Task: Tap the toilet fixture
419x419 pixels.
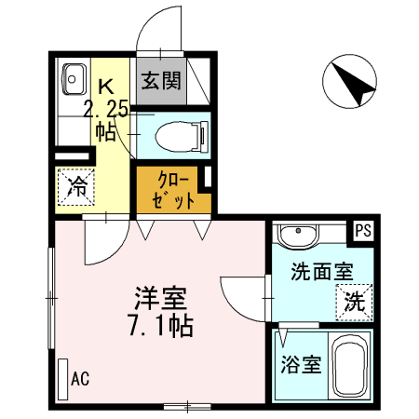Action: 177,136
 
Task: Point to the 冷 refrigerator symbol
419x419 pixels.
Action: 76,185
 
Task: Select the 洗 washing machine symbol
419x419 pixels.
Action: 354,301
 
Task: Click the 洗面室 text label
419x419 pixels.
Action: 321,273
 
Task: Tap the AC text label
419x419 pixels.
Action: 80,379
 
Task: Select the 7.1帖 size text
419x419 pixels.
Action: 161,328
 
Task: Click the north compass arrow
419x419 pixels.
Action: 351,82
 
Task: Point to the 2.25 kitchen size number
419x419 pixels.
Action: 106,109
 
